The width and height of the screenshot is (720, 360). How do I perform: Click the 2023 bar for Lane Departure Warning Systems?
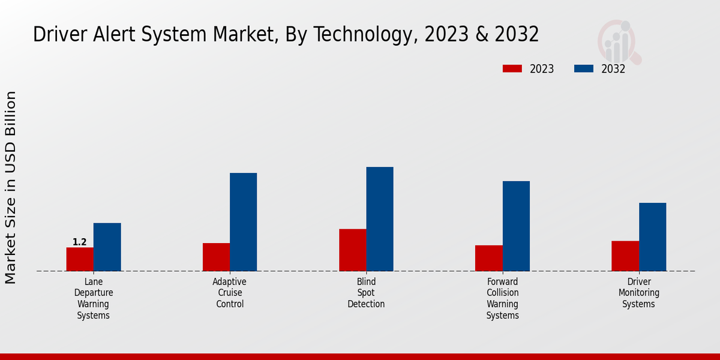click(80, 259)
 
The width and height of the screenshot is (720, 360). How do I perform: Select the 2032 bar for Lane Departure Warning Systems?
click(107, 247)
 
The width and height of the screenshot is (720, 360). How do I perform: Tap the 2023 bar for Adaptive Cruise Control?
click(216, 257)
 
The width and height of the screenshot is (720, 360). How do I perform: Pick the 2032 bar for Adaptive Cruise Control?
click(243, 222)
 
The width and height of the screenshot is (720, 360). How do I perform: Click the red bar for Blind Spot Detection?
click(352, 250)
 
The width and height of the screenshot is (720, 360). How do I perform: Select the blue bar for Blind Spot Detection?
click(380, 219)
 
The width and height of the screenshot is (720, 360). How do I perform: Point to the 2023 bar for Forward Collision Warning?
click(488, 258)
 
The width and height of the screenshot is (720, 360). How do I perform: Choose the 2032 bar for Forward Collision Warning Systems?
click(516, 226)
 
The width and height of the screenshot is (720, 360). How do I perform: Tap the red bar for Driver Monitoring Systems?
click(625, 256)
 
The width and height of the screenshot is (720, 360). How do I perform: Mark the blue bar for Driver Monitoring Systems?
click(652, 237)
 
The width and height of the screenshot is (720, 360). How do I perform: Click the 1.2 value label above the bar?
click(80, 242)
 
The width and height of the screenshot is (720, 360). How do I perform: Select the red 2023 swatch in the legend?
click(512, 69)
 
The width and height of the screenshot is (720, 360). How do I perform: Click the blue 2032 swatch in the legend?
click(584, 69)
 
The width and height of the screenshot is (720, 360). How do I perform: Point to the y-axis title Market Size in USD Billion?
click(11, 187)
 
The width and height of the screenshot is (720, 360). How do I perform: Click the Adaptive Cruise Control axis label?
click(230, 293)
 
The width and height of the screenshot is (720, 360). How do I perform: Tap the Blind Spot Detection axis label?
click(366, 293)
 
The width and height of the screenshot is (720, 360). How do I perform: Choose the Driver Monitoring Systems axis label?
click(639, 293)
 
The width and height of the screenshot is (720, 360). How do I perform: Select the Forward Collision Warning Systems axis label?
click(503, 298)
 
